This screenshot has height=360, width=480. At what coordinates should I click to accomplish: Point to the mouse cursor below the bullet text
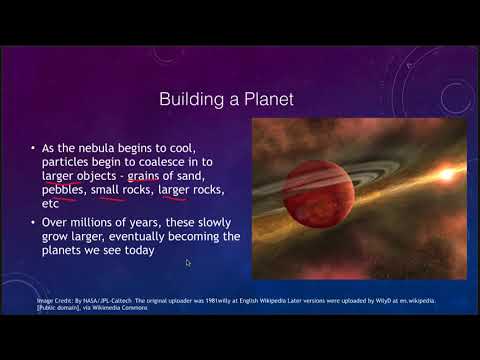(x=187, y=263)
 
